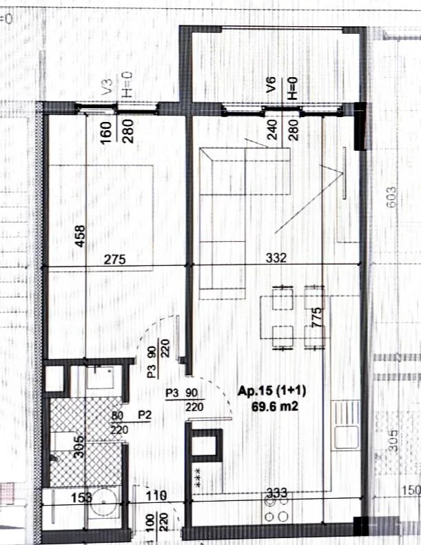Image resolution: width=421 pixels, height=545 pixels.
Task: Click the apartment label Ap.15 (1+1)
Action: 271,390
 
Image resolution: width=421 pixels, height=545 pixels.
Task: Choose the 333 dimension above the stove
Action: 277,494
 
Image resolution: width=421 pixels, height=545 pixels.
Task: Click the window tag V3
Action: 107,86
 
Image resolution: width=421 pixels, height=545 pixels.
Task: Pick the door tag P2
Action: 145,415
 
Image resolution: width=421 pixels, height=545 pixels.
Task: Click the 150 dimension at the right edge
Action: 411,491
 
